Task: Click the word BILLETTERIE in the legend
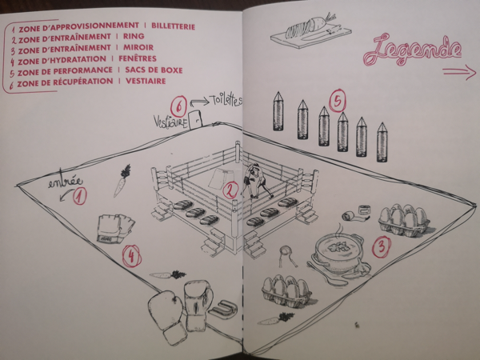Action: [x=174, y=26]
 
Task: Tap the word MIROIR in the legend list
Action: [x=138, y=47]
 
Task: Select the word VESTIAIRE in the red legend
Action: [x=146, y=81]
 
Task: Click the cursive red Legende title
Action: [x=412, y=50]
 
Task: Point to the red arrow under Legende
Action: [x=459, y=73]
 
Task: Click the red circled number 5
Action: [x=338, y=101]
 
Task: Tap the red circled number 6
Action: [x=179, y=107]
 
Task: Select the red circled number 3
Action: [x=382, y=247]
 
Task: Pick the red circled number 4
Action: [x=132, y=256]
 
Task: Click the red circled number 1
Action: [x=79, y=196]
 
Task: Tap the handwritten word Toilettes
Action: [x=226, y=100]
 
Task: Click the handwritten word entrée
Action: [x=66, y=182]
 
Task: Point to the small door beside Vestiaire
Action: [x=196, y=120]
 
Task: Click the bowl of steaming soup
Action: [x=338, y=251]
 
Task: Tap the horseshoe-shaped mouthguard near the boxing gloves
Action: [x=223, y=309]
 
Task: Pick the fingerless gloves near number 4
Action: [x=116, y=228]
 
